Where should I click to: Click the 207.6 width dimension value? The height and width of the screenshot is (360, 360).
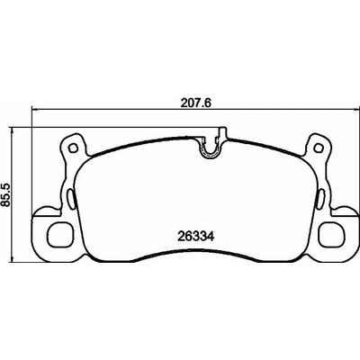(196, 103)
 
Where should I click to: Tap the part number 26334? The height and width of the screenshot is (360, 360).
(195, 237)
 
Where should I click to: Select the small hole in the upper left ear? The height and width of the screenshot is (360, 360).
(72, 148)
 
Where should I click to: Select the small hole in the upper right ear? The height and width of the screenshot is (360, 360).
(319, 148)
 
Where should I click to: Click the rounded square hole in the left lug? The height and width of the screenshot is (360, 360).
(60, 233)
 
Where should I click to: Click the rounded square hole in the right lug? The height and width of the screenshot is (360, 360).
(331, 233)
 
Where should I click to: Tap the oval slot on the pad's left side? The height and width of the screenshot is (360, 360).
(71, 199)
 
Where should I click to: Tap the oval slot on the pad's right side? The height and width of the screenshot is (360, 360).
(319, 199)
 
